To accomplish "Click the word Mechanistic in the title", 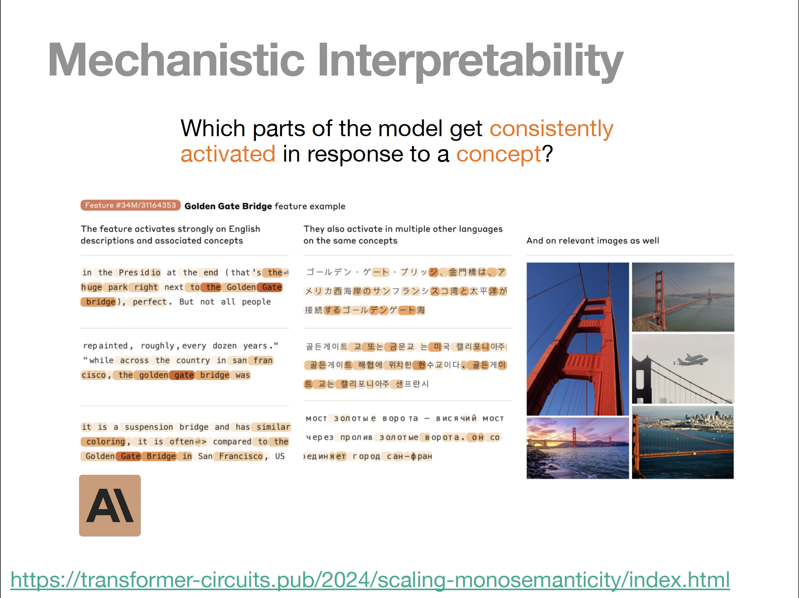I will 176,61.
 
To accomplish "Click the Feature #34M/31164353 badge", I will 130,205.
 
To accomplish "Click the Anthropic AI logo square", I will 110,505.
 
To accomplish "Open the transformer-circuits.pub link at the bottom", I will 370,580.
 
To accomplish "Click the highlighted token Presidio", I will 140,272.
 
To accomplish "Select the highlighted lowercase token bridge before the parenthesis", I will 101,302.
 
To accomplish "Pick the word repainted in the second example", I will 105,346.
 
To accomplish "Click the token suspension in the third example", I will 149,427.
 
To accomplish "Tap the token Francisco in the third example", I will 241,456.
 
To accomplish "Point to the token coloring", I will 105,441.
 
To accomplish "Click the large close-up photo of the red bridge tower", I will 578,339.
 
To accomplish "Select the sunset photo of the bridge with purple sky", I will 578,448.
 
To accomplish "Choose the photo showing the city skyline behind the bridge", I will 683,442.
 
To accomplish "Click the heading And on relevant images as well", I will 592,241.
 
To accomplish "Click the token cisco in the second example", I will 94,375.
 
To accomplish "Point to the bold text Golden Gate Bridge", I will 228,206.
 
